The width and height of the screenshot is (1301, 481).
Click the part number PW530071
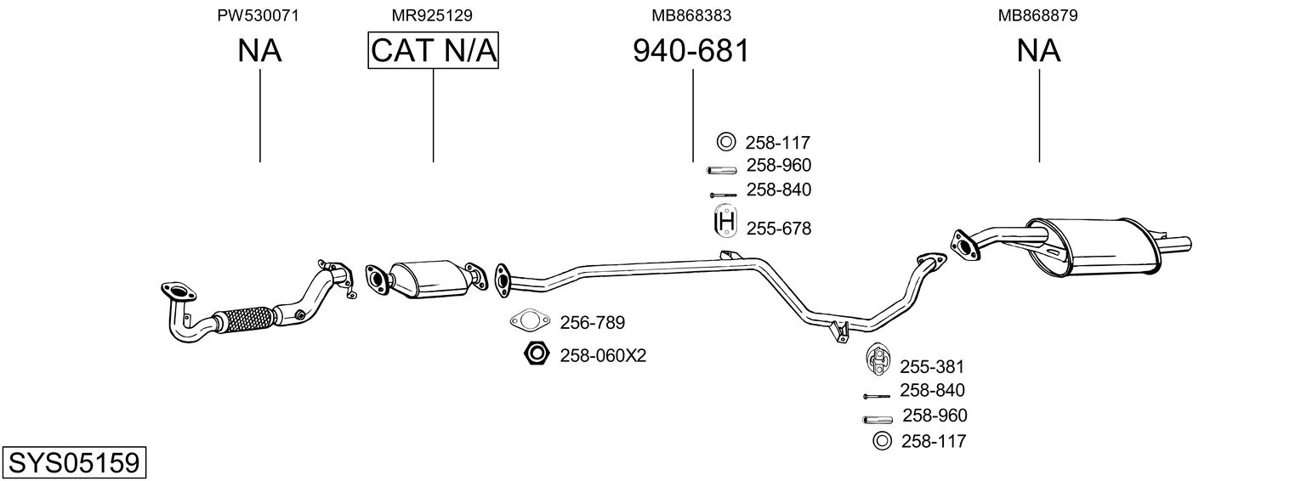pyautogui.click(x=258, y=15)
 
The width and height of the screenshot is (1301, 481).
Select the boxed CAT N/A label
pyautogui.click(x=434, y=50)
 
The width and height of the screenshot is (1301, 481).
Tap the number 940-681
pyautogui.click(x=691, y=51)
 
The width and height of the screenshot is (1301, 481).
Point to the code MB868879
pyautogui.click(x=1038, y=15)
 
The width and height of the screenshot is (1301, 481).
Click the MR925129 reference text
pyautogui.click(x=432, y=15)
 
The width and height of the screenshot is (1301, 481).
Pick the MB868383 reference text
pyautogui.click(x=691, y=15)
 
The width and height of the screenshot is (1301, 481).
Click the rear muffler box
pyautogui.click(x=1092, y=246)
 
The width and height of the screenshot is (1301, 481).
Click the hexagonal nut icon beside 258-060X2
pyautogui.click(x=536, y=354)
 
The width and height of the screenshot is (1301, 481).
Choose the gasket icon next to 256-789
pyautogui.click(x=529, y=320)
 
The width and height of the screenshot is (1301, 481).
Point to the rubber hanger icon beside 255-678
pyautogui.click(x=724, y=221)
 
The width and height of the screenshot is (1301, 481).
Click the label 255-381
pyautogui.click(x=932, y=366)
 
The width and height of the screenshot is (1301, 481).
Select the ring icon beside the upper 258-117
pyautogui.click(x=726, y=142)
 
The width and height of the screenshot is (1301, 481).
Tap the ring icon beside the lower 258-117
pyautogui.click(x=882, y=441)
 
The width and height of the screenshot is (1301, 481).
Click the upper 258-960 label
pyautogui.click(x=778, y=166)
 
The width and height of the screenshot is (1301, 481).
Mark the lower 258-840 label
pyautogui.click(x=932, y=390)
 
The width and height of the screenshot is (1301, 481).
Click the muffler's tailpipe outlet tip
pyautogui.click(x=1188, y=244)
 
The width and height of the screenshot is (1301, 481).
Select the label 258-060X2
pyautogui.click(x=603, y=355)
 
